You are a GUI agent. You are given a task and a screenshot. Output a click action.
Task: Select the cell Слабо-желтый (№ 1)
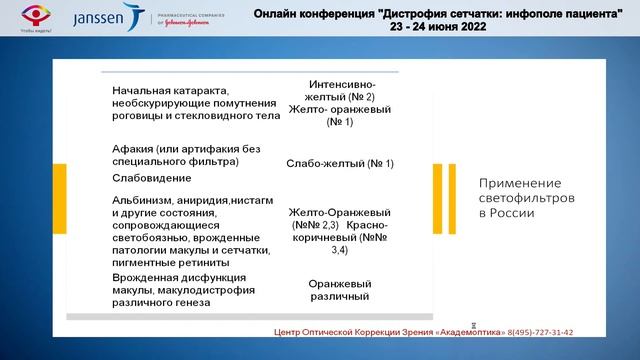click(340, 163)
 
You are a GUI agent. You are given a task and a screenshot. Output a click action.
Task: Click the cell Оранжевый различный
click(340, 289)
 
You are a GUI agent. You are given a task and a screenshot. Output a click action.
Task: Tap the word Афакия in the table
click(134, 148)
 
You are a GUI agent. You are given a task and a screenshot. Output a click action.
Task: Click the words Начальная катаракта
click(166, 91)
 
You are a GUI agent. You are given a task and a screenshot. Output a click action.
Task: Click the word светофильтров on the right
click(527, 198)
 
